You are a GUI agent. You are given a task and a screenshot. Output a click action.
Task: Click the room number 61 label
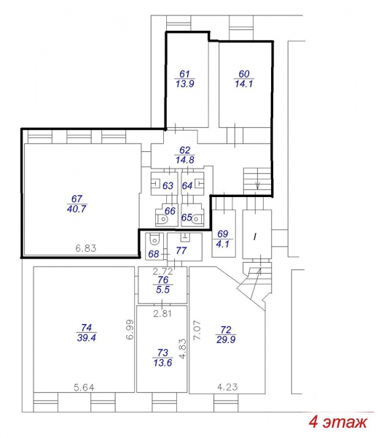click(x=184, y=74)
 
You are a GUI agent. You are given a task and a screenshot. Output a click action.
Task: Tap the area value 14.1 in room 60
click(x=244, y=83)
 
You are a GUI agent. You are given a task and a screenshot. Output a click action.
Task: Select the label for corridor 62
click(x=184, y=150)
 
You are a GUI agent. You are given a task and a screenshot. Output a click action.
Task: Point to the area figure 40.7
click(x=76, y=209)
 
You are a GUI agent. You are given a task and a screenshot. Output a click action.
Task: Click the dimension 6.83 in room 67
click(x=86, y=248)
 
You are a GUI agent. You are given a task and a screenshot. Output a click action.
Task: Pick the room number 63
click(x=168, y=185)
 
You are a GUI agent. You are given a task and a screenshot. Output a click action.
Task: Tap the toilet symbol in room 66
click(x=162, y=220)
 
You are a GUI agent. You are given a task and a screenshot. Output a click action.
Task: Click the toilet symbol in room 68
click(x=154, y=239)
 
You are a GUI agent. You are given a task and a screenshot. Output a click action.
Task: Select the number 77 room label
click(x=181, y=250)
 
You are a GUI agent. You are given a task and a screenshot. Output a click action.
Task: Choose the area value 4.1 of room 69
click(x=223, y=244)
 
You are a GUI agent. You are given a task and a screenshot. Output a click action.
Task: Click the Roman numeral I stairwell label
click(x=255, y=237)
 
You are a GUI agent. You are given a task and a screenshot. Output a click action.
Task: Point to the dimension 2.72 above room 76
click(x=163, y=271)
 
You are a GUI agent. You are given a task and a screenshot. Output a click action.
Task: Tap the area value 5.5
click(x=162, y=289)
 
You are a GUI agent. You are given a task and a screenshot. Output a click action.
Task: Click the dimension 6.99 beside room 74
click(x=130, y=329)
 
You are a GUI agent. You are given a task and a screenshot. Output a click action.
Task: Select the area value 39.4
click(x=87, y=338)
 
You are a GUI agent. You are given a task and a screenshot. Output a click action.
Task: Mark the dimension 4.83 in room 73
click(x=182, y=349)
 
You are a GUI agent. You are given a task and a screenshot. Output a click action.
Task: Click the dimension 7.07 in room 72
click(x=197, y=330)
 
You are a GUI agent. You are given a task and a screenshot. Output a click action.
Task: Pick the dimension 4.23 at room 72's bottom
click(x=227, y=387)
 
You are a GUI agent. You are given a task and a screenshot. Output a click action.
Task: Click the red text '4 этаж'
click(x=338, y=422)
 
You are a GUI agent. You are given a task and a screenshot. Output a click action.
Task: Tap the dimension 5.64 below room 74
click(x=85, y=388)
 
